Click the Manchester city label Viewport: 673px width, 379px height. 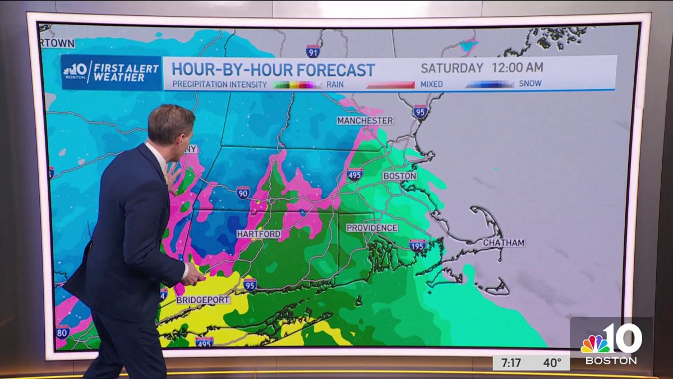[365, 121]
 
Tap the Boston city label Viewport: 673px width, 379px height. [399, 176]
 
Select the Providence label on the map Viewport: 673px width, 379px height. [372, 228]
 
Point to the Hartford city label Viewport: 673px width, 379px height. [259, 234]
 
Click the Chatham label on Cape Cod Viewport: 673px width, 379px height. [504, 243]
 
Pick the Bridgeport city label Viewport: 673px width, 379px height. [203, 300]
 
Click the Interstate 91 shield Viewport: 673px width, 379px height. [313, 52]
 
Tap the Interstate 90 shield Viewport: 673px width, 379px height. [243, 193]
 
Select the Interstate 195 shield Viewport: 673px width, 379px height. [417, 245]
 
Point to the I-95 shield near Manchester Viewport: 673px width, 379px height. [420, 111]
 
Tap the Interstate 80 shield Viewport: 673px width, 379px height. [62, 332]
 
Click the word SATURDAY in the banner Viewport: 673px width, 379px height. [451, 69]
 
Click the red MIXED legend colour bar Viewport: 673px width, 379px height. [390, 84]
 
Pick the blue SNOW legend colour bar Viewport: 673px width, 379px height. [489, 84]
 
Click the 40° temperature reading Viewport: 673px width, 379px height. [552, 363]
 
